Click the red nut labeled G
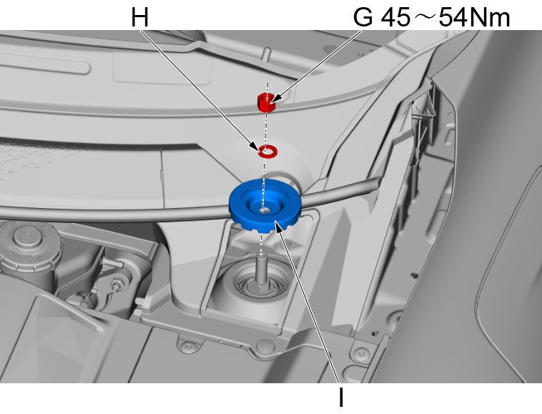[266, 103]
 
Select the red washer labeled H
[269, 151]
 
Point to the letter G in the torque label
[363, 17]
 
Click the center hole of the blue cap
[265, 209]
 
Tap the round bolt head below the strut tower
[265, 348]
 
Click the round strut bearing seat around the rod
[262, 290]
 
